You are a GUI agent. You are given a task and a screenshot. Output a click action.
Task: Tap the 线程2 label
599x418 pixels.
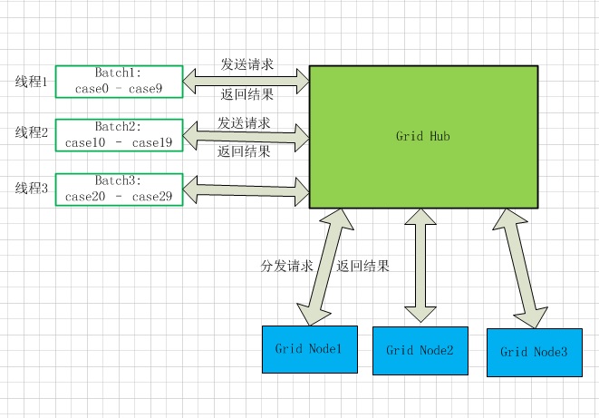tap(31, 133)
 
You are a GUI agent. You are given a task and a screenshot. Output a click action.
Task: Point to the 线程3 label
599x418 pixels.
tap(31, 188)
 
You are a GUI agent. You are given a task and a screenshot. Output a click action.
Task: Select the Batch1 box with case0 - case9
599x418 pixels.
tap(119, 81)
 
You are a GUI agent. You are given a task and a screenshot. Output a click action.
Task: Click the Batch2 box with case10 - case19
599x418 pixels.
tap(119, 135)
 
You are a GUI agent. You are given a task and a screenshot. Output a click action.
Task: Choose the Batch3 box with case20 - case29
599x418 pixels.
tap(119, 189)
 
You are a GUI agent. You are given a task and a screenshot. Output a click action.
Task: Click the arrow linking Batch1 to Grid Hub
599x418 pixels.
tap(246, 82)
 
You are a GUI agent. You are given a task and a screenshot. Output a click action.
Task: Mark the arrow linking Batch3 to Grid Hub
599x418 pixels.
tap(246, 190)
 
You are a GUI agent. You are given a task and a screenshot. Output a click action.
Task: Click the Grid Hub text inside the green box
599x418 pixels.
tap(423, 136)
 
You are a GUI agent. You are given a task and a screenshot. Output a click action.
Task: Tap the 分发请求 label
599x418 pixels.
tap(286, 267)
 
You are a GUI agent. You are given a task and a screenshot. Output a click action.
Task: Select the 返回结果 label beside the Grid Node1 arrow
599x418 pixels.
tap(362, 267)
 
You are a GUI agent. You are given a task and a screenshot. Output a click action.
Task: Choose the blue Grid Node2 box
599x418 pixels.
tap(419, 351)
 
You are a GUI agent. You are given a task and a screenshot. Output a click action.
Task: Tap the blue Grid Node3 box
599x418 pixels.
tap(534, 353)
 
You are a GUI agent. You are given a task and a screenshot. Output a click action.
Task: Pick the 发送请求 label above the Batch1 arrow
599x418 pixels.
tap(247, 65)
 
